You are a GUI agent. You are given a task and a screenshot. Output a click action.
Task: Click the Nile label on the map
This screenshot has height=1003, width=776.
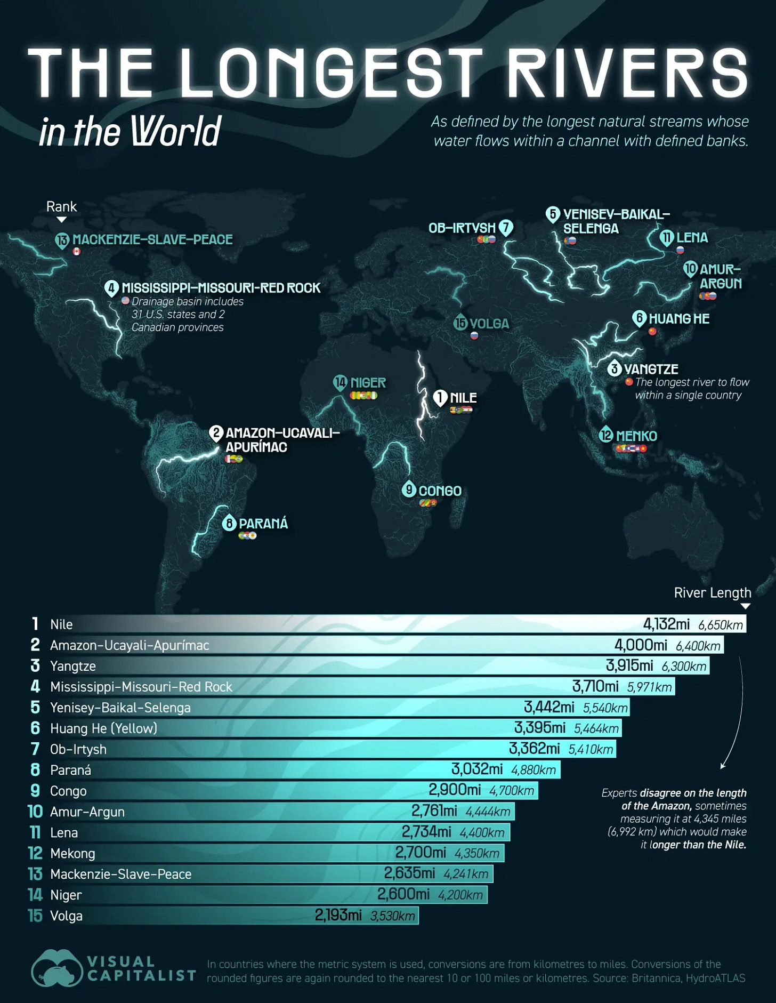[463, 398]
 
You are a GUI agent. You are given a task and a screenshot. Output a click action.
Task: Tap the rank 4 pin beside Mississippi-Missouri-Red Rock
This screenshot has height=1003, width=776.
[111, 288]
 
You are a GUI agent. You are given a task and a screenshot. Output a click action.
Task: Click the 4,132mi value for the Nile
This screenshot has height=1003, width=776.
[666, 624]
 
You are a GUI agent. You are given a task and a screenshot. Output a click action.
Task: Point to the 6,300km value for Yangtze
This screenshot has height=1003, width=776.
[684, 666]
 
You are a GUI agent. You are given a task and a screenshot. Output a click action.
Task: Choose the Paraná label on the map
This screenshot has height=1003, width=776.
[263, 524]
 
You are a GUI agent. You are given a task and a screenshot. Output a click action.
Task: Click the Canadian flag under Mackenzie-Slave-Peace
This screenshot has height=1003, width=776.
[77, 252]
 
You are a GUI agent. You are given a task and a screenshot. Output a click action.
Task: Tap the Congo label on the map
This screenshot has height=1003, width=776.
[440, 491]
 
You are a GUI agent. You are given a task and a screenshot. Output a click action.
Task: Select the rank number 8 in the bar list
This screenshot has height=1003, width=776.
[35, 770]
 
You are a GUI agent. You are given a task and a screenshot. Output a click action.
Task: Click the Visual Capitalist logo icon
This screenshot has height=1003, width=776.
[56, 968]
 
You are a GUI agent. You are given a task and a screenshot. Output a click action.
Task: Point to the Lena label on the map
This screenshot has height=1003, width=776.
[692, 238]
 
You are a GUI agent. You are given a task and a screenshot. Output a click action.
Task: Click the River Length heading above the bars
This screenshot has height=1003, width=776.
[712, 593]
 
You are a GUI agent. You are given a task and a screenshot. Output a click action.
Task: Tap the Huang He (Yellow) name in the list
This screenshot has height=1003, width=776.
[103, 728]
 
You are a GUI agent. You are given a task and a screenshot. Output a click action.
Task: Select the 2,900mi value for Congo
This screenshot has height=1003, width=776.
[455, 790]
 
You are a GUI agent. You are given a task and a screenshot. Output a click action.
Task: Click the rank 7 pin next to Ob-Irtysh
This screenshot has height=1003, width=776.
[506, 228]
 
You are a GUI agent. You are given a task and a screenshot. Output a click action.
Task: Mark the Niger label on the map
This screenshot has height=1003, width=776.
[368, 383]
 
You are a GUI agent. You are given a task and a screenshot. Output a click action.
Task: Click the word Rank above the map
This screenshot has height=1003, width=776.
[61, 207]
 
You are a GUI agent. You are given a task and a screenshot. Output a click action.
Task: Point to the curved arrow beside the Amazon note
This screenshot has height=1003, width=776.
[738, 715]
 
